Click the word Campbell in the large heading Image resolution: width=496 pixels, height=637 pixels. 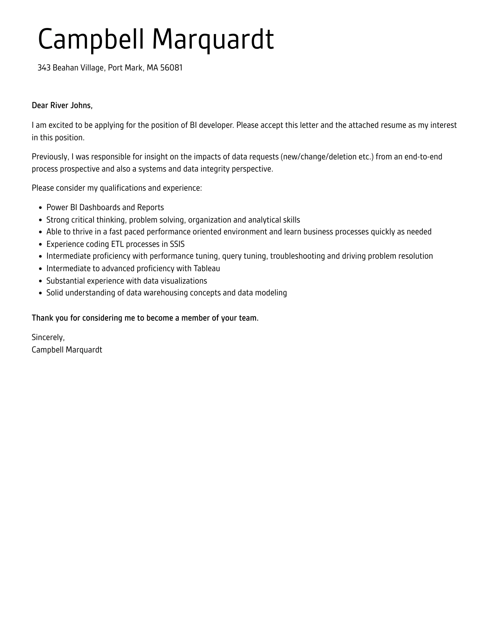point(91,40)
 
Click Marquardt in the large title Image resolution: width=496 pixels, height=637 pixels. point(213,40)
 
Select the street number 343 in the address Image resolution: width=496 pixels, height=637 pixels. point(44,68)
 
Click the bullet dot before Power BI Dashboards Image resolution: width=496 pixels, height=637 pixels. point(41,208)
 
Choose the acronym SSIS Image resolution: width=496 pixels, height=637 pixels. point(177,244)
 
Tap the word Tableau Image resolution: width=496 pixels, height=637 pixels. point(207,269)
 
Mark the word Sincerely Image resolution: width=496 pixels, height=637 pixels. point(48,338)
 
